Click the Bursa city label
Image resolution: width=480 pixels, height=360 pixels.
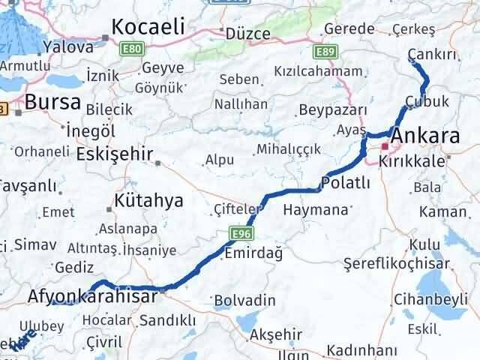[x=52, y=101]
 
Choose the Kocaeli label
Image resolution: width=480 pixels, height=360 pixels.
[x=148, y=27]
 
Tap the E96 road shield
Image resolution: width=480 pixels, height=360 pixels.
[x=237, y=235]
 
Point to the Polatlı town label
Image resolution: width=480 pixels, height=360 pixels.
[x=346, y=182]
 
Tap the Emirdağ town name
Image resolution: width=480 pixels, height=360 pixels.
[x=253, y=254]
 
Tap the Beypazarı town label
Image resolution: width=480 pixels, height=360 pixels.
[x=331, y=109]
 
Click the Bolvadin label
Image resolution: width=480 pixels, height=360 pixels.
[x=244, y=300]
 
